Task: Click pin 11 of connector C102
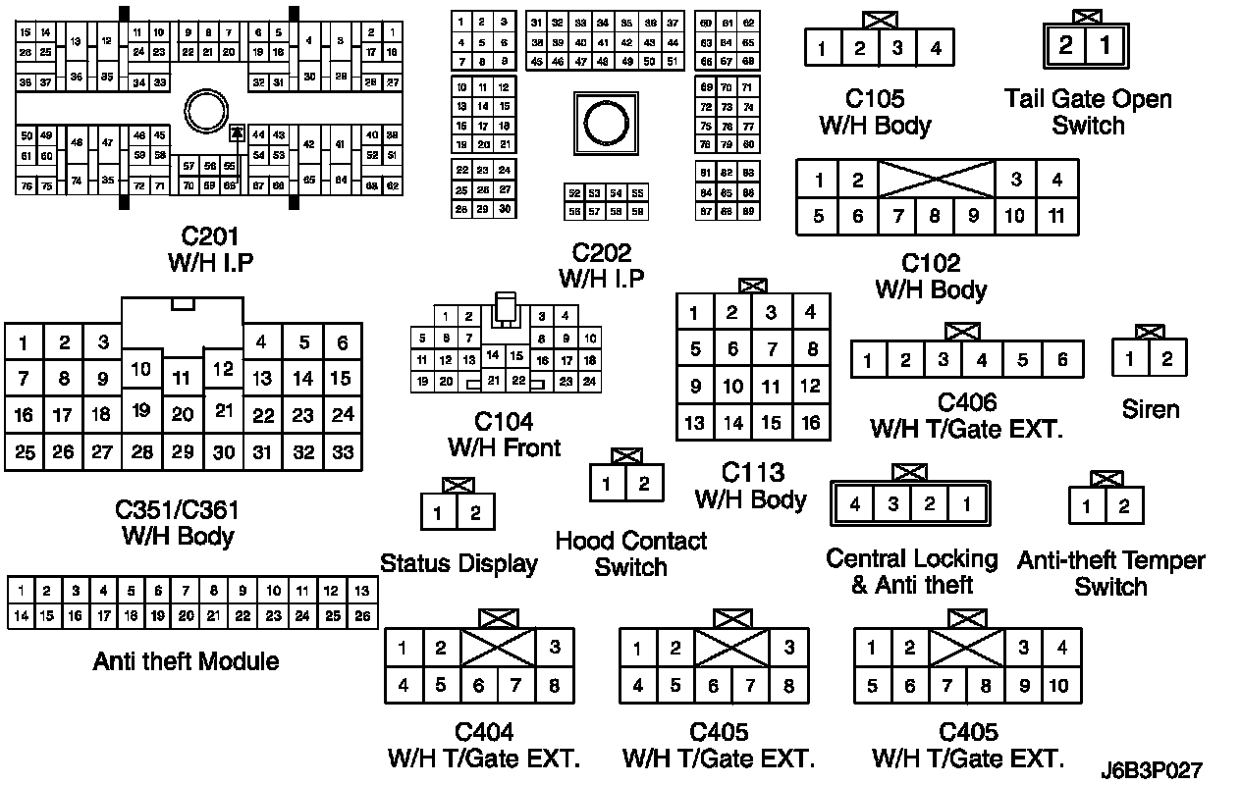1056,216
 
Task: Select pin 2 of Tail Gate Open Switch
1065,46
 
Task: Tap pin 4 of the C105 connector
936,47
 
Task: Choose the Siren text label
1150,408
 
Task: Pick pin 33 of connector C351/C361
343,452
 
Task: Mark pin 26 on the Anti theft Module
361,616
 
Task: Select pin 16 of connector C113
810,424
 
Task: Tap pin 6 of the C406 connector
1061,360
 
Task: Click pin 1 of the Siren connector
1130,359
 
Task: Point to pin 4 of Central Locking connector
855,505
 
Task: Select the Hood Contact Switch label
630,553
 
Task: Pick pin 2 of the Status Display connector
475,512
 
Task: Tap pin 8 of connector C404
554,685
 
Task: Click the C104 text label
504,422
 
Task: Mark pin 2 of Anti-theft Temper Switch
1124,506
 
